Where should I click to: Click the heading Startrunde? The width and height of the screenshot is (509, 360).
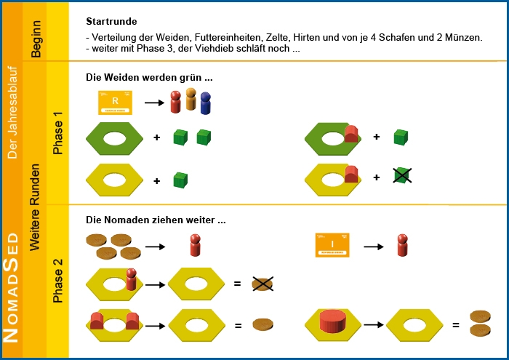tap(111, 23)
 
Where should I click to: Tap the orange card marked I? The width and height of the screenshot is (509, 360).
tap(332, 245)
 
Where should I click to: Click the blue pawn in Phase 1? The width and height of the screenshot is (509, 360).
tap(206, 105)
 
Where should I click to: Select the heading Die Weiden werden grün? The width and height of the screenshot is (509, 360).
tap(149, 77)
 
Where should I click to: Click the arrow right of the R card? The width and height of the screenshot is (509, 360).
tap(153, 103)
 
